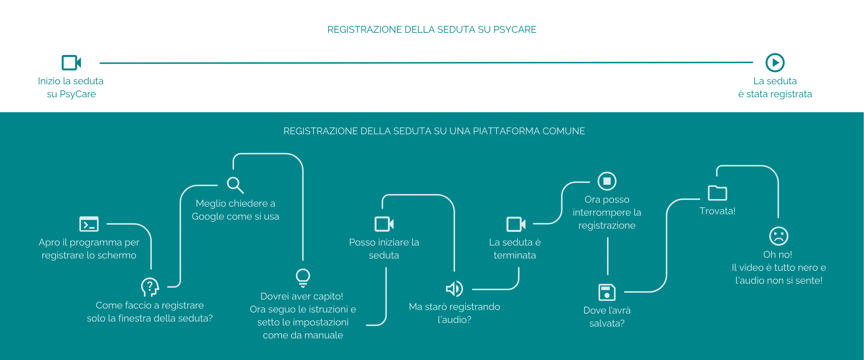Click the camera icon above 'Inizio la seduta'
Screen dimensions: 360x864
click(71, 63)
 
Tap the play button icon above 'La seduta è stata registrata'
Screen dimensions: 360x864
click(775, 63)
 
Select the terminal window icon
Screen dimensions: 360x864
click(89, 224)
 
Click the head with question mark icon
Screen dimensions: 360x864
click(150, 287)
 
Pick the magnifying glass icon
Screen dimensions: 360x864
click(235, 185)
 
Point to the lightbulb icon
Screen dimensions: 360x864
click(303, 278)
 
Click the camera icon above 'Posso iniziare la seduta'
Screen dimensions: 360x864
click(384, 224)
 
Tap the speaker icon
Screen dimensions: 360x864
click(454, 288)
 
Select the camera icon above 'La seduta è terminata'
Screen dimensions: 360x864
click(516, 224)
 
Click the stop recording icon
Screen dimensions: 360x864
click(607, 181)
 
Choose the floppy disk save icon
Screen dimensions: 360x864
click(607, 292)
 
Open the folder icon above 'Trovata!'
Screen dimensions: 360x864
click(717, 193)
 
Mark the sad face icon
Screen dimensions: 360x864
click(779, 236)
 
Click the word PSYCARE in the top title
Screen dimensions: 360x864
click(514, 30)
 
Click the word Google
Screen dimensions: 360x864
click(209, 217)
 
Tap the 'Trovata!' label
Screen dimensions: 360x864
click(717, 211)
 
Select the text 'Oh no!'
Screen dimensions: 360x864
click(778, 255)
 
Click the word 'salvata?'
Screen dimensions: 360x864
click(607, 323)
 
